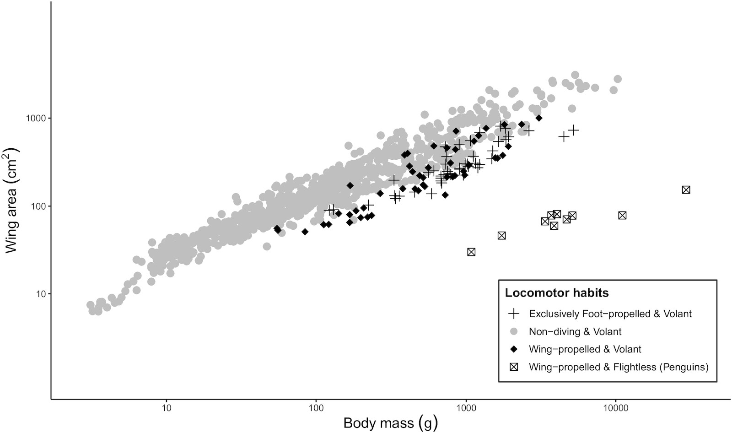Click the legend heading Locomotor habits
(557, 292)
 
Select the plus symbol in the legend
(514, 314)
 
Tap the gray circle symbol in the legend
(514, 331)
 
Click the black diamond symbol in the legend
(514, 349)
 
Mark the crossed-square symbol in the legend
(514, 367)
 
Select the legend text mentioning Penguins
(619, 367)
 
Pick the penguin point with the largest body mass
(686, 190)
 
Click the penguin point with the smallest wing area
(471, 252)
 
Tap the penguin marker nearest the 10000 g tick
(622, 216)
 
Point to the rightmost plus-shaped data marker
(574, 130)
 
